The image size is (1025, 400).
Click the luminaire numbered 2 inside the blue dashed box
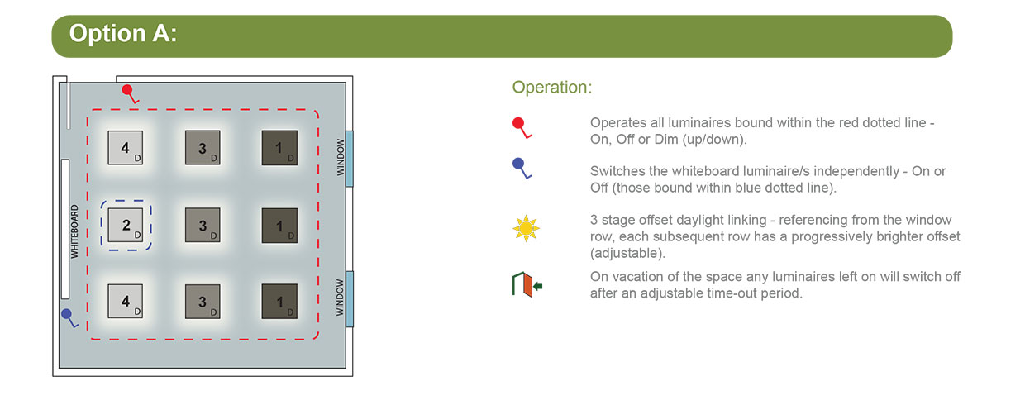click(126, 225)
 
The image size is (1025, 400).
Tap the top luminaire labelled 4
click(126, 147)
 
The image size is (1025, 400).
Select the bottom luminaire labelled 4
click(126, 301)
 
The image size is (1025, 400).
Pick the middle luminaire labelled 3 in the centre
click(203, 225)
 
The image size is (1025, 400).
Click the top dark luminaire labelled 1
click(279, 148)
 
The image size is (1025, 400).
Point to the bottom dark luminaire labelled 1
click(279, 302)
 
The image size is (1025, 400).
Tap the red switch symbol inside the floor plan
click(130, 93)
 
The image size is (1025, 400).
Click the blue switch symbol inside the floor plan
click(69, 317)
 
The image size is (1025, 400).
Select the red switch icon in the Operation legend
click(522, 128)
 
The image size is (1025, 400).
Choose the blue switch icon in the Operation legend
click(522, 168)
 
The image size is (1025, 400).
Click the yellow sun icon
click(526, 228)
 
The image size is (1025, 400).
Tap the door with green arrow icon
click(527, 284)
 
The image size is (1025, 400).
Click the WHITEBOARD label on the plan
click(74, 231)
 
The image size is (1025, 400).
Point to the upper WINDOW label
click(341, 157)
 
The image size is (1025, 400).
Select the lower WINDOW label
click(340, 298)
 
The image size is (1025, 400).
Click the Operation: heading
click(552, 87)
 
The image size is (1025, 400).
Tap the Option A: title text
click(122, 33)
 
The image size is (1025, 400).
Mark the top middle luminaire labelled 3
click(203, 147)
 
